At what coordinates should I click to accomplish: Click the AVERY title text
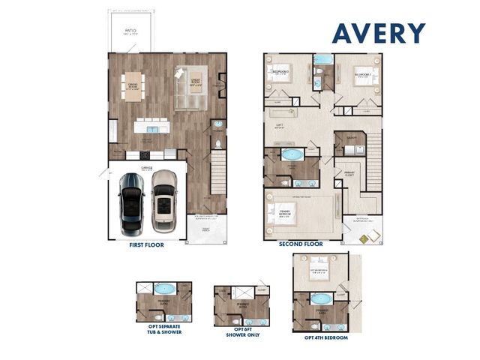[379, 33]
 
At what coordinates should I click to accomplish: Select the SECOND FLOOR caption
[301, 244]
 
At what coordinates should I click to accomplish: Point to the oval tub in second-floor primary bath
[292, 156]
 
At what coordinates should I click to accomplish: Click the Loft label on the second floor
[280, 125]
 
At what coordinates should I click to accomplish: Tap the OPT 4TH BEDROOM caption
[325, 338]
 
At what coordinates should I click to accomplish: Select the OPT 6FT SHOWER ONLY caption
[239, 331]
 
